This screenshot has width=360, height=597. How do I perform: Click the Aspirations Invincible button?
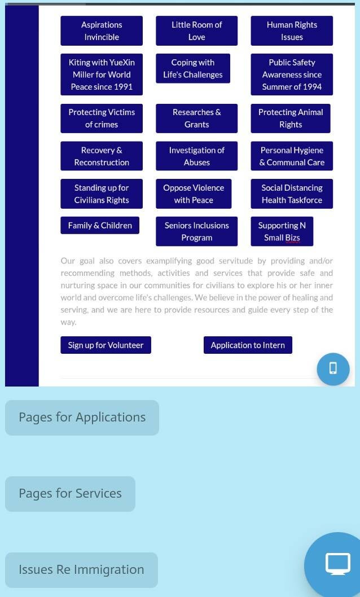102,31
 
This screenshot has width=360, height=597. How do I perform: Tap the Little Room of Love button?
197,31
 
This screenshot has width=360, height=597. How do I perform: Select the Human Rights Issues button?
292,31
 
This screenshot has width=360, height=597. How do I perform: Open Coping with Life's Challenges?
193,68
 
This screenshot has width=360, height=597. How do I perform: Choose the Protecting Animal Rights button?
291,118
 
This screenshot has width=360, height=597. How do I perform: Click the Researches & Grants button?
197,118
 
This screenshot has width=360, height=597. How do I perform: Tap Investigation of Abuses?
197,156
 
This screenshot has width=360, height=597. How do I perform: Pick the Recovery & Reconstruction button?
102,156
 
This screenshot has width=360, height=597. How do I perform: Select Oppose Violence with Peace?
194,194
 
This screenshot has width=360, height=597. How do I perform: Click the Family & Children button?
100,225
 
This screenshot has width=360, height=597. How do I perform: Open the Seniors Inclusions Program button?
197,231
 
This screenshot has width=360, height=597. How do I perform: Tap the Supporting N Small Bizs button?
282,231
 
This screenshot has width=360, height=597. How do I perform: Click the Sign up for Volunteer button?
106,345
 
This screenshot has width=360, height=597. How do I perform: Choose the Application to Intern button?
248,345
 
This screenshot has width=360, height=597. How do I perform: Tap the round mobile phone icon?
333,369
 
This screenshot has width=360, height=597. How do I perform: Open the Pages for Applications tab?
82,418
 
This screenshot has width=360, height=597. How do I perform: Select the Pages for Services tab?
70,494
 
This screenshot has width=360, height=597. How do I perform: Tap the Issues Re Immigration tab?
81,570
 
